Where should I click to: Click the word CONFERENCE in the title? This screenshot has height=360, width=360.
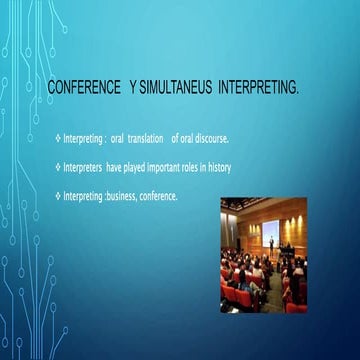coord(82,92)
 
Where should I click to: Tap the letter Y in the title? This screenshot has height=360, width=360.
coord(132,92)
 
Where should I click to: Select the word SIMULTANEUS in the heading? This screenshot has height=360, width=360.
coord(176,92)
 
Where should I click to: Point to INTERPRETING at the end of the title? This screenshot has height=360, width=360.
coord(258,92)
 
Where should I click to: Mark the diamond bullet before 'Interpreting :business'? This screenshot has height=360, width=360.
coord(58,196)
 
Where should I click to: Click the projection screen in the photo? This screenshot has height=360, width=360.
coord(270,233)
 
